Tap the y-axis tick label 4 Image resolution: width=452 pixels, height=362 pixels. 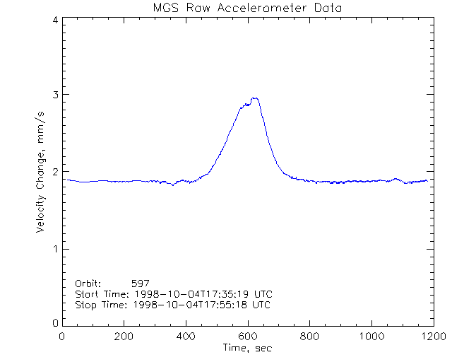click(x=54, y=21)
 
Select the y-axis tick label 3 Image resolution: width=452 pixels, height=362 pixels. click(x=54, y=95)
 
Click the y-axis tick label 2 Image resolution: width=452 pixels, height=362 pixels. click(x=54, y=172)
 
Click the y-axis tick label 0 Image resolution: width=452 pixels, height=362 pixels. click(x=54, y=322)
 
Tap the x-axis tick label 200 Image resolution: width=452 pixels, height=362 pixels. click(x=124, y=337)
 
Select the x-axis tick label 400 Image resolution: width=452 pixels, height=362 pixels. click(x=186, y=337)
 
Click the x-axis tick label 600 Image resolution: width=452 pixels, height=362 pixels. click(x=248, y=337)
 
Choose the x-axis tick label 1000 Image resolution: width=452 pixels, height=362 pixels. click(x=370, y=337)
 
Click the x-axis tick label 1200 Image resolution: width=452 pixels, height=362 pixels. click(x=432, y=337)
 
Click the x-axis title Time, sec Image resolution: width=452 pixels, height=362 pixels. click(x=247, y=348)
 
